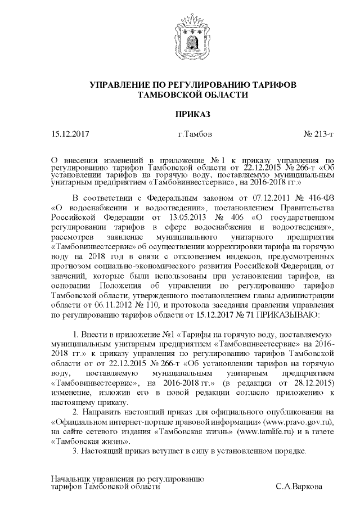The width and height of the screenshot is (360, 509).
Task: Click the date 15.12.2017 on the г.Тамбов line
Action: (x=70, y=134)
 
